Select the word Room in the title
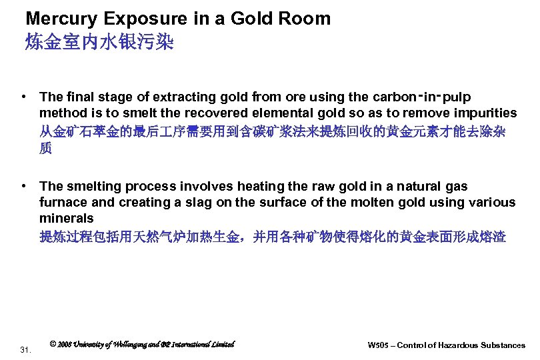(x=307, y=19)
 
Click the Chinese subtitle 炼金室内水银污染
(x=99, y=43)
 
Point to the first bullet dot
(x=23, y=97)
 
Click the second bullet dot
(x=23, y=187)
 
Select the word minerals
(x=67, y=218)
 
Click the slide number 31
(x=26, y=349)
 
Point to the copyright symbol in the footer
(x=53, y=344)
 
